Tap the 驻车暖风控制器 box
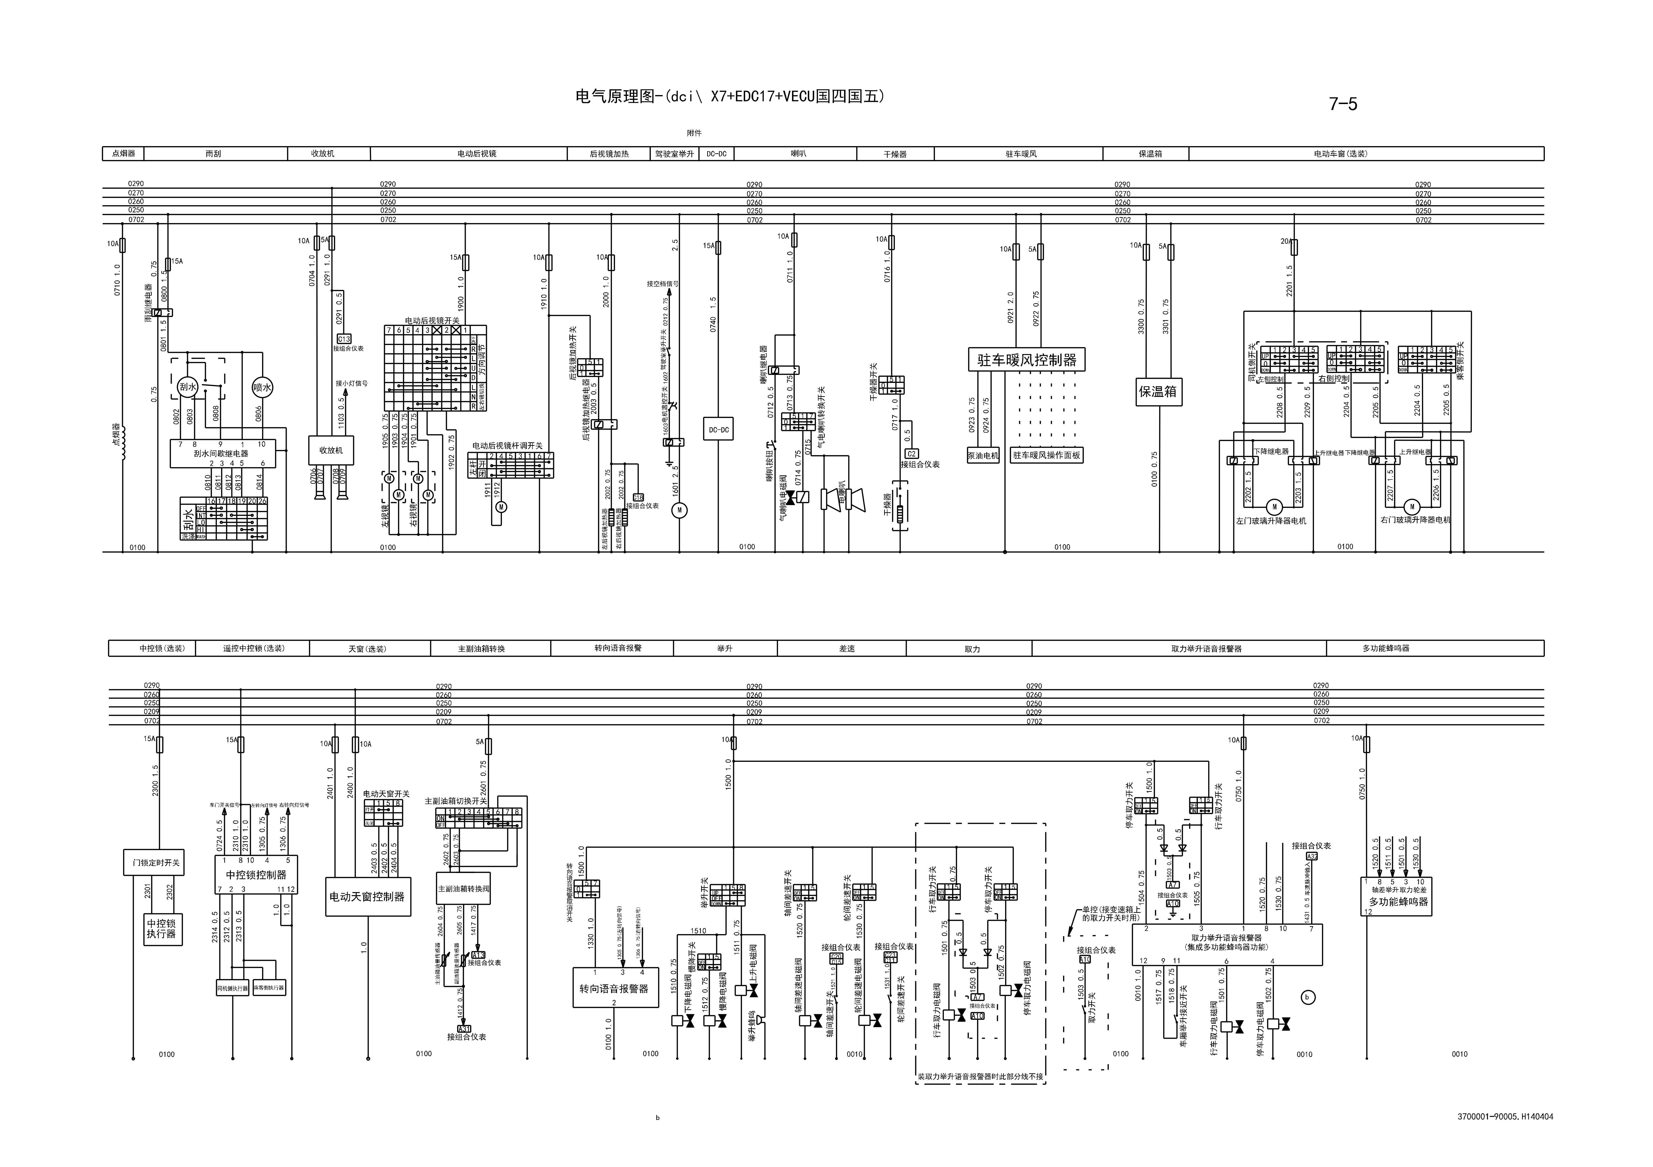click(x=1027, y=360)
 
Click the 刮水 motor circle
click(x=188, y=387)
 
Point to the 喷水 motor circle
click(x=262, y=387)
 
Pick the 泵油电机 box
click(x=983, y=455)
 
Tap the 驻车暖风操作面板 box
click(x=1047, y=455)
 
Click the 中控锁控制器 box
click(x=256, y=875)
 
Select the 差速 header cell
click(x=847, y=648)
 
